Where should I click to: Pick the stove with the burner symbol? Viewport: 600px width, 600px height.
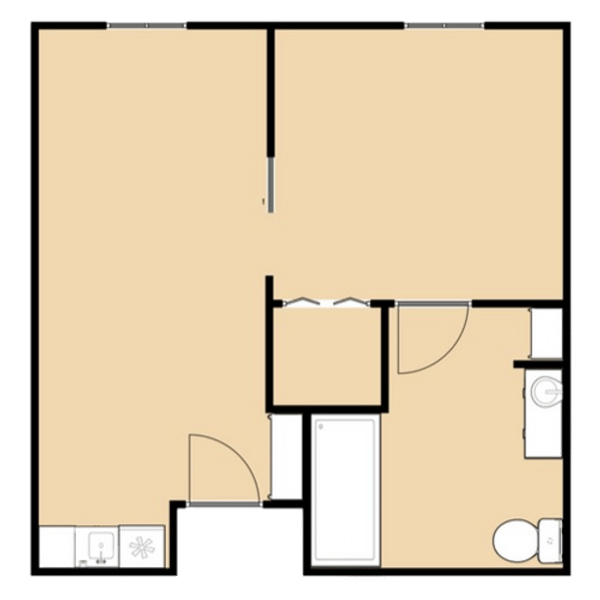pyautogui.click(x=141, y=547)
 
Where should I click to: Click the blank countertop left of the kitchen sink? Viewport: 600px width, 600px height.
pyautogui.click(x=59, y=547)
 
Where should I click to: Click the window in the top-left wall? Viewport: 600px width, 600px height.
pyautogui.click(x=147, y=25)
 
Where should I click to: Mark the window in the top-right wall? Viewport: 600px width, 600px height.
pyautogui.click(x=446, y=25)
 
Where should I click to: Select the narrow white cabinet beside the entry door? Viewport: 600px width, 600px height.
pyautogui.click(x=285, y=455)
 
